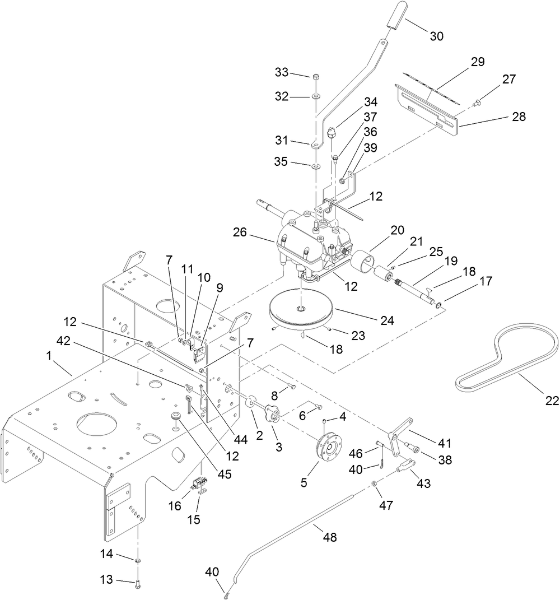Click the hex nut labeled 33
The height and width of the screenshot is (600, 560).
(x=315, y=77)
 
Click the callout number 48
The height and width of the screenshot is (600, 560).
(x=331, y=537)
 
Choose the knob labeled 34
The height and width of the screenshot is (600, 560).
(x=332, y=133)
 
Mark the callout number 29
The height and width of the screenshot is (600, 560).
(x=477, y=61)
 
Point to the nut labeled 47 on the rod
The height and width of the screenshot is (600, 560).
(x=374, y=483)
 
